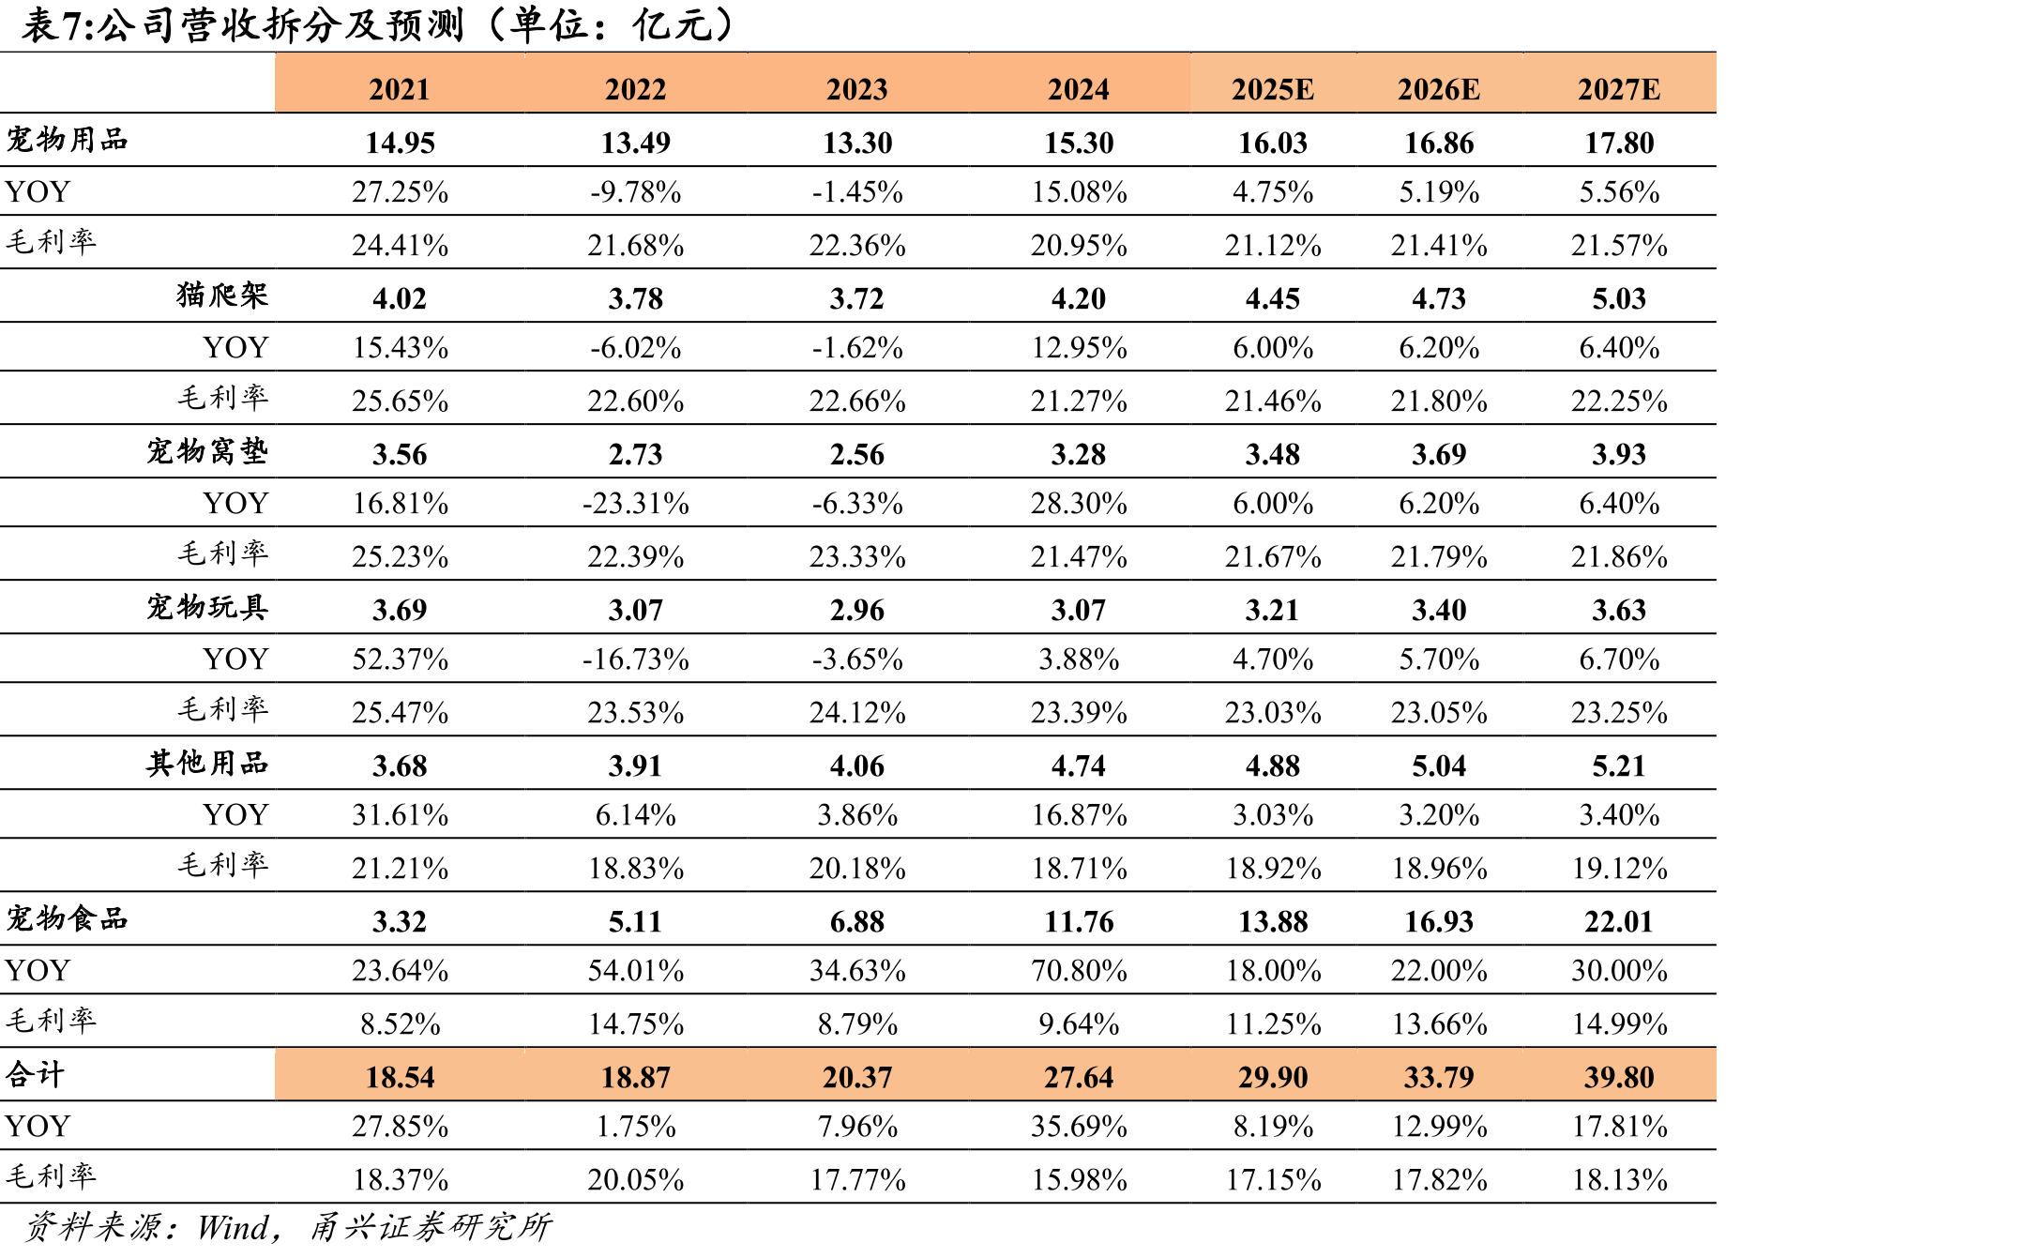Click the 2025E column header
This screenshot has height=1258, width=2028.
1272,89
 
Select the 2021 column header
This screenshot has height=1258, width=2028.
400,89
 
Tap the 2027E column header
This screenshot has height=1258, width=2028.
1619,89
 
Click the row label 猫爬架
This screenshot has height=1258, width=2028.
222,295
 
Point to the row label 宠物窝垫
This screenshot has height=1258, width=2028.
207,451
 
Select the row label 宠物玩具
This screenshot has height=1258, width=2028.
207,607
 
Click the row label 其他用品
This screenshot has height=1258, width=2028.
207,763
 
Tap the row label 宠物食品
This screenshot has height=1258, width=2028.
67,917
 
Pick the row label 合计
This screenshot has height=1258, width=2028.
35,1073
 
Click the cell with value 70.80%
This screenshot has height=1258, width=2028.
1079,970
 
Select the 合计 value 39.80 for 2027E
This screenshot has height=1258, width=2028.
1619,1077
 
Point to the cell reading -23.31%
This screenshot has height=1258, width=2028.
636,504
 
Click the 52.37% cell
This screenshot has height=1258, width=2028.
400,659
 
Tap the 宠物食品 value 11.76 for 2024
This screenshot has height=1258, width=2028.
1079,921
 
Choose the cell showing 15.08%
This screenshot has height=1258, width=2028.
1079,192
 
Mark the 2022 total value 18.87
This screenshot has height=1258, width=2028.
636,1077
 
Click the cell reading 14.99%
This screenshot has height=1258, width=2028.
1619,1023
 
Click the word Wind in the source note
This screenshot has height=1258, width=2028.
234,1227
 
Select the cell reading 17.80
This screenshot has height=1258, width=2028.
1619,143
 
